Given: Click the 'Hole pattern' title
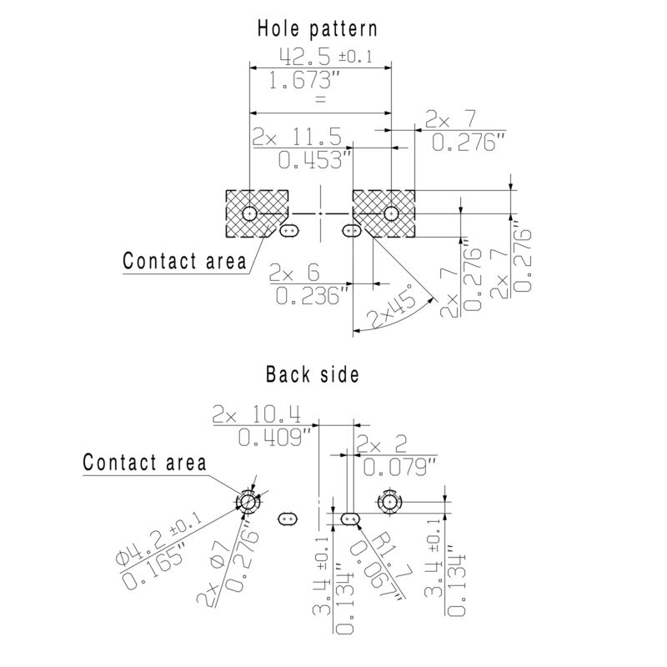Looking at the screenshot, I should pos(316,28).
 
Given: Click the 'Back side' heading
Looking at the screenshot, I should pos(312,374).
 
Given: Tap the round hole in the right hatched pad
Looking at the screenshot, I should pos(390,214).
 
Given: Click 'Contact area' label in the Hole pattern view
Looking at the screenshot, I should pos(184,261).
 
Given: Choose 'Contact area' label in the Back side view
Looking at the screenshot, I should pos(144,463).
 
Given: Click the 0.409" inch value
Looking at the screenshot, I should pos(273,436).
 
